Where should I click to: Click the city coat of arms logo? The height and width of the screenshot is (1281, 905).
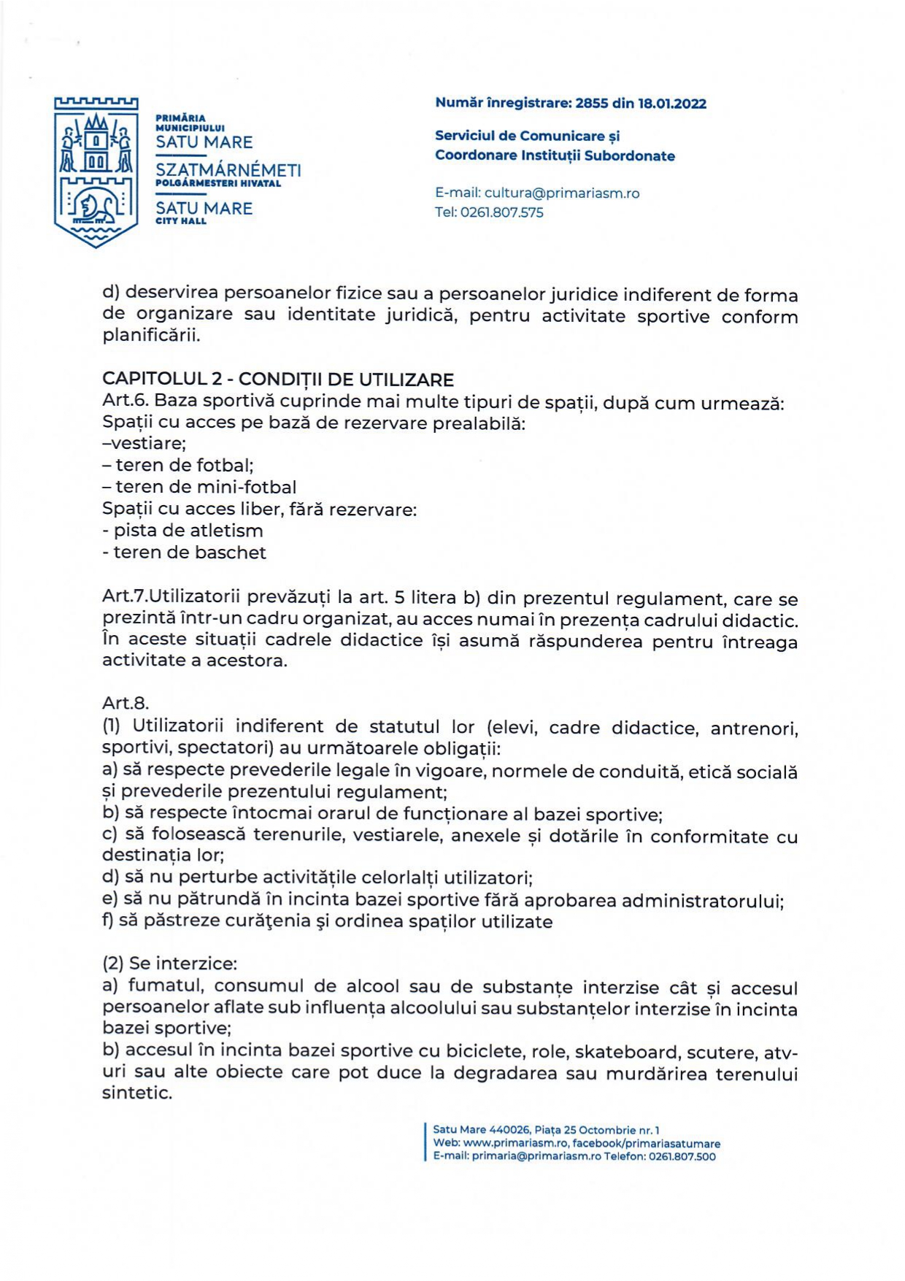pos(96,172)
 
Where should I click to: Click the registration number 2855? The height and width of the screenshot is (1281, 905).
pos(591,104)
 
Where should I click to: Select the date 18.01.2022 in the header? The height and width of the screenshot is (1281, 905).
pos(672,104)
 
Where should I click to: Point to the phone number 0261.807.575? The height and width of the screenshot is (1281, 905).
pos(502,213)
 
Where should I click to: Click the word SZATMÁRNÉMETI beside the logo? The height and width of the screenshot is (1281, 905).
pos(228,171)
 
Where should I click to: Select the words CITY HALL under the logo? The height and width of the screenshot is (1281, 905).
pos(181,221)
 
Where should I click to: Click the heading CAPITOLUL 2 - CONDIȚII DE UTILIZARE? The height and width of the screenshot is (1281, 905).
pos(278,380)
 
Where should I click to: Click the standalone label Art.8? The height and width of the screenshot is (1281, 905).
pos(126,703)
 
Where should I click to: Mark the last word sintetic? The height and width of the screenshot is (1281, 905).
pos(137,1093)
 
